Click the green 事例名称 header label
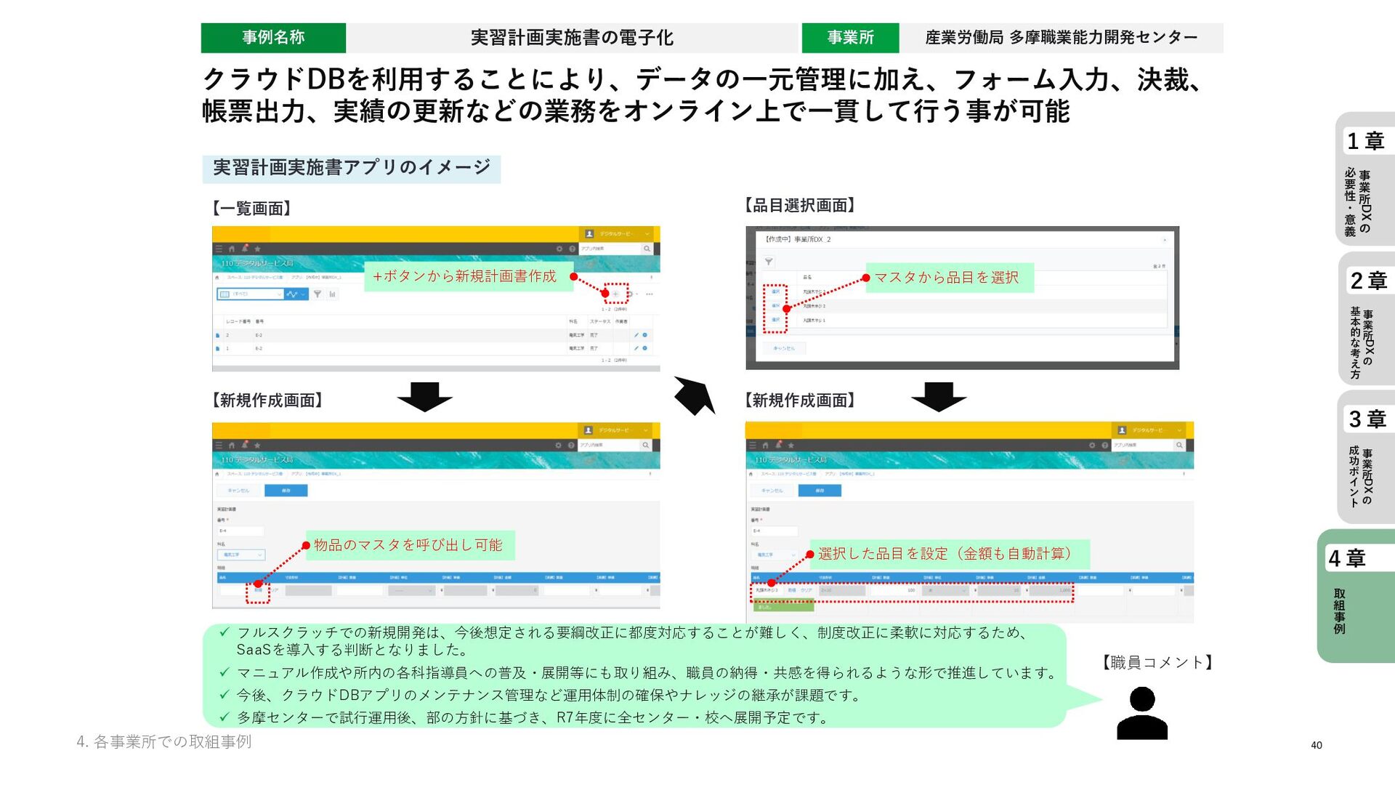click(273, 38)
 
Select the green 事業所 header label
click(850, 38)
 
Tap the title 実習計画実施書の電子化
click(572, 38)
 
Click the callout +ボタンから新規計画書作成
click(465, 276)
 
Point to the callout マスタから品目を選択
click(947, 278)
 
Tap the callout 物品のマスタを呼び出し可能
click(408, 545)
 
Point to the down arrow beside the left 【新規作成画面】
click(425, 397)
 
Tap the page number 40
click(1317, 745)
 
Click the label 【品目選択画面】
click(800, 206)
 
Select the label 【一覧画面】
click(251, 209)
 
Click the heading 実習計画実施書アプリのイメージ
click(352, 168)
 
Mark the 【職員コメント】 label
click(1157, 662)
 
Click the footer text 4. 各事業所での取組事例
click(164, 741)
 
